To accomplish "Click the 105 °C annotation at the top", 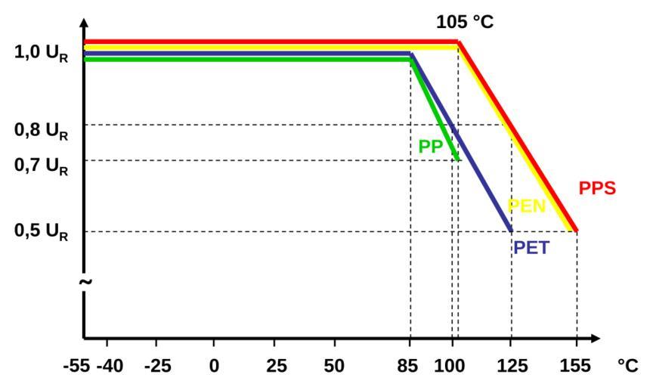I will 464,23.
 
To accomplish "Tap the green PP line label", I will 430,147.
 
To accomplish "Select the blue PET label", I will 531,247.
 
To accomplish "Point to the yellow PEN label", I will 527,206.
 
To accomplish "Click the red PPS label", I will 597,188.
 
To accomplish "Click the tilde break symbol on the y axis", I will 85,281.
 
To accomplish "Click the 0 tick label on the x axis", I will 215,365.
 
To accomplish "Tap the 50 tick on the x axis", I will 333,365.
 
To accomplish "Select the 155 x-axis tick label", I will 577,365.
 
